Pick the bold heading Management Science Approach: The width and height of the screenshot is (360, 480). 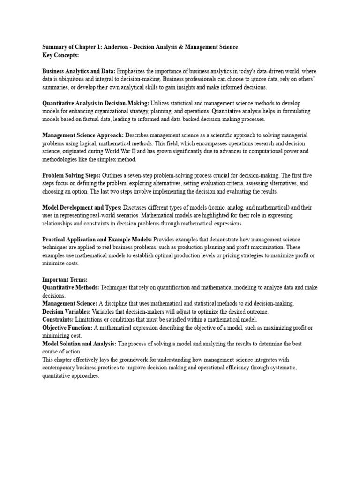83,135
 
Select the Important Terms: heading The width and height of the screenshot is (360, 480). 65,280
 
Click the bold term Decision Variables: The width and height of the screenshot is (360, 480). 66,312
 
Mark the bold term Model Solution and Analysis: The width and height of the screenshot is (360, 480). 79,344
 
